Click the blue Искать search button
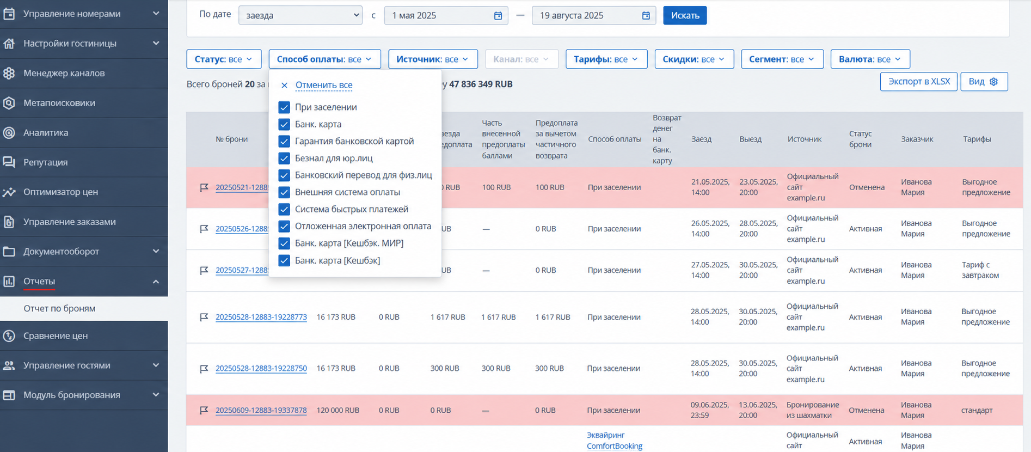[685, 15]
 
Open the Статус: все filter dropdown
[224, 59]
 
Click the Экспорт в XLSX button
[919, 82]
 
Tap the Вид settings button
[984, 82]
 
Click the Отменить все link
[324, 85]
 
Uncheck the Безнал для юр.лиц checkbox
[284, 158]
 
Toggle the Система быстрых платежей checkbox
[284, 209]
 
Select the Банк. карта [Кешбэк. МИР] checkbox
[284, 243]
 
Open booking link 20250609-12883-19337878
[261, 410]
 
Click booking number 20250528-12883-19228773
[261, 317]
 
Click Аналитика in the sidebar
[46, 132]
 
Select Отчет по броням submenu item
[59, 308]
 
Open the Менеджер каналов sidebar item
[64, 73]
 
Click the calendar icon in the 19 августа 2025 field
[646, 15]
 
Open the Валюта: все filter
[870, 59]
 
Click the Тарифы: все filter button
[606, 59]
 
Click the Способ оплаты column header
[615, 139]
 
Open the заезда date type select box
[300, 15]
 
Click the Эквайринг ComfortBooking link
[615, 441]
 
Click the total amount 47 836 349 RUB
[481, 84]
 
